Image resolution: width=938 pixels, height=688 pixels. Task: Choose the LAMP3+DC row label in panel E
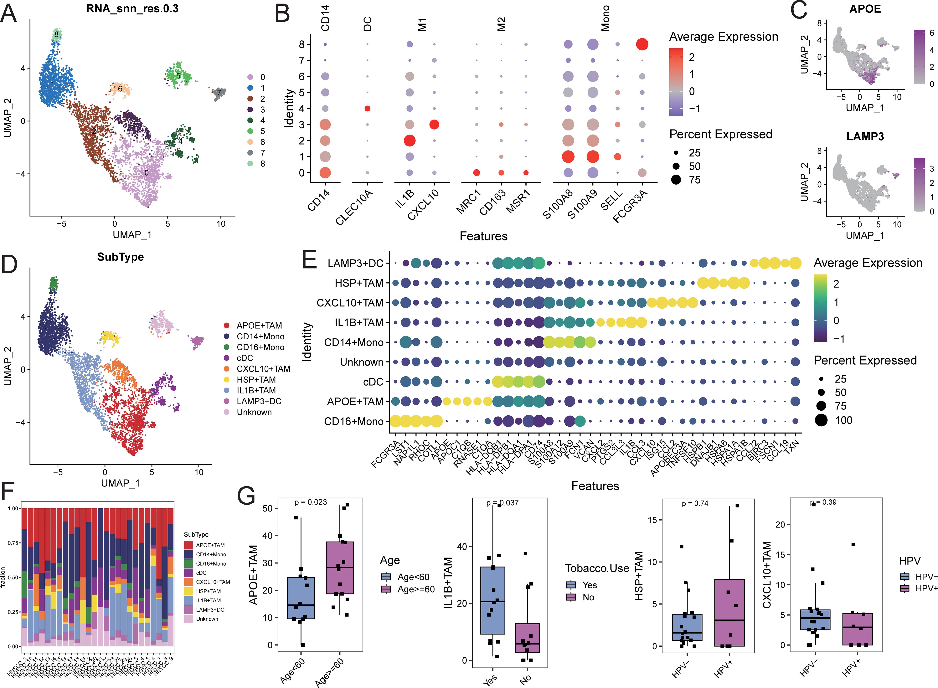pos(355,263)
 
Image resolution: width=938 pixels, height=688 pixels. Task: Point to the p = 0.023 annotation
pos(311,502)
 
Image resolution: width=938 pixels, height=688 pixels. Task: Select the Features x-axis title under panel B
pos(483,236)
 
